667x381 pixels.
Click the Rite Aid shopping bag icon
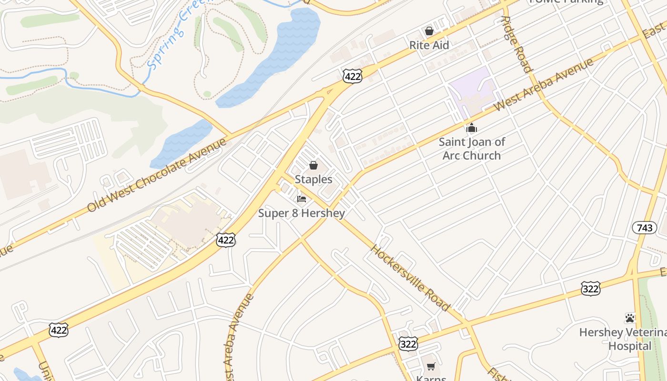tap(429, 31)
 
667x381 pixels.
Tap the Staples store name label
tap(313, 180)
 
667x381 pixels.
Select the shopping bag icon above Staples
tap(313, 166)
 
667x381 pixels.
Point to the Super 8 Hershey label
tap(302, 213)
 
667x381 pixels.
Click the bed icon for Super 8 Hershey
tap(302, 199)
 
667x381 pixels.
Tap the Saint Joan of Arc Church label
tap(472, 149)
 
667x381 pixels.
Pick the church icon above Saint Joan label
tap(472, 128)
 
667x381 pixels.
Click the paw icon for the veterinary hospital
tap(630, 318)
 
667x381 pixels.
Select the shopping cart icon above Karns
tap(431, 366)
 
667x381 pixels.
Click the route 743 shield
tap(644, 228)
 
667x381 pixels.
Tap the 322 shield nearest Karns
tap(408, 343)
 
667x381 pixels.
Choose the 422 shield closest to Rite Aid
tap(352, 76)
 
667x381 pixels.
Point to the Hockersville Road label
tap(410, 278)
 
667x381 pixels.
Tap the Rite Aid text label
tap(429, 45)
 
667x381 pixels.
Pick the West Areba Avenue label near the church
tap(544, 85)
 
